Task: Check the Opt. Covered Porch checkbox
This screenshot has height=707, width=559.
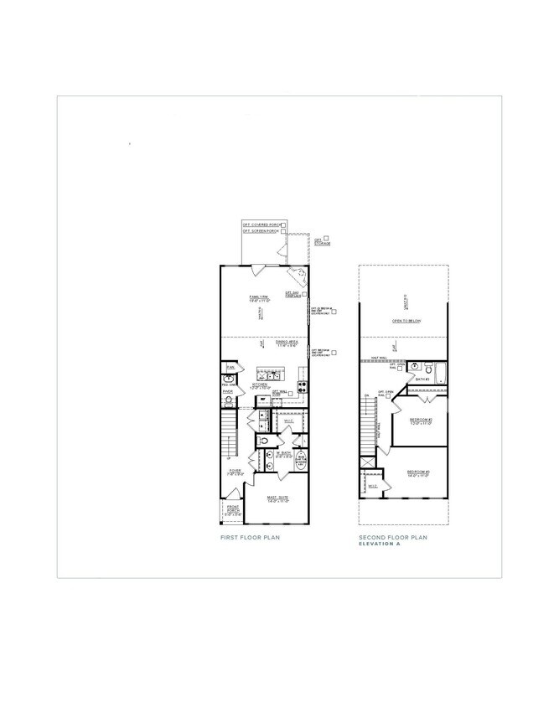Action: tap(284, 224)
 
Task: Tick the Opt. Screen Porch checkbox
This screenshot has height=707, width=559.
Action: tap(284, 231)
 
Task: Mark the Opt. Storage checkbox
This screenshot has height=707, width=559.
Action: tap(327, 238)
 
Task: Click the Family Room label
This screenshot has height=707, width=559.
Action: tap(258, 298)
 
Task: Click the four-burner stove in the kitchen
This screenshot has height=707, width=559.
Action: tap(303, 387)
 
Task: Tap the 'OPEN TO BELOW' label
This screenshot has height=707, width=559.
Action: tap(406, 321)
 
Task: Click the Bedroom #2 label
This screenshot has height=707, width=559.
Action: tap(420, 421)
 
